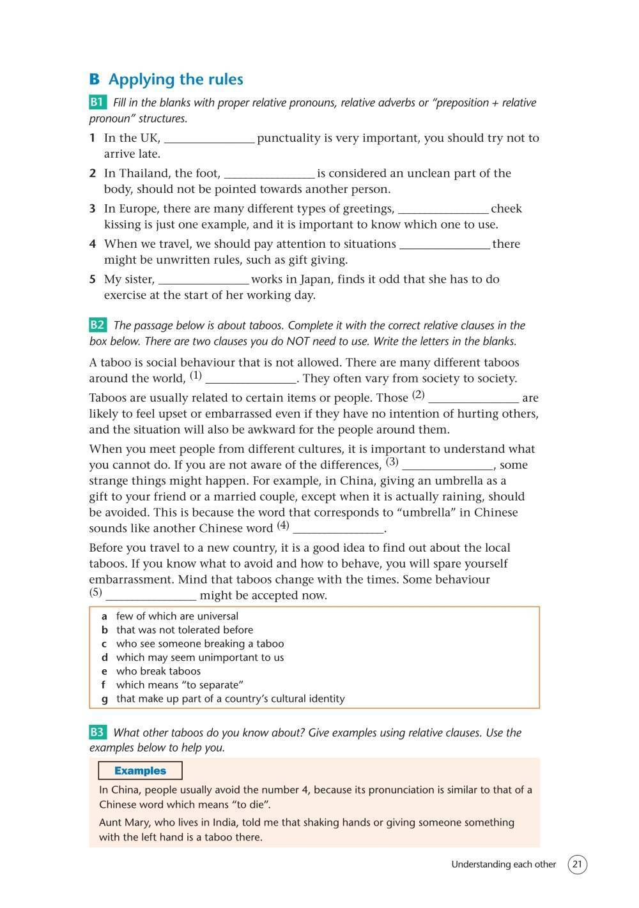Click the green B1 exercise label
point(97,103)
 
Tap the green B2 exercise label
point(97,325)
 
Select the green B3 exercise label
point(97,732)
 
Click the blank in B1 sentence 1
point(209,139)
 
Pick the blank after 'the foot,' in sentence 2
point(269,174)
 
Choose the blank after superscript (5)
point(151,596)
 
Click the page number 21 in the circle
point(577,865)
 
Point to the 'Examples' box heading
point(140,771)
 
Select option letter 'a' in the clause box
point(104,616)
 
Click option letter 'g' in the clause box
point(104,699)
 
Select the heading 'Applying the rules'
point(176,79)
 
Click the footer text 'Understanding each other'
point(504,865)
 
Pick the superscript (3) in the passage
point(392,462)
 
